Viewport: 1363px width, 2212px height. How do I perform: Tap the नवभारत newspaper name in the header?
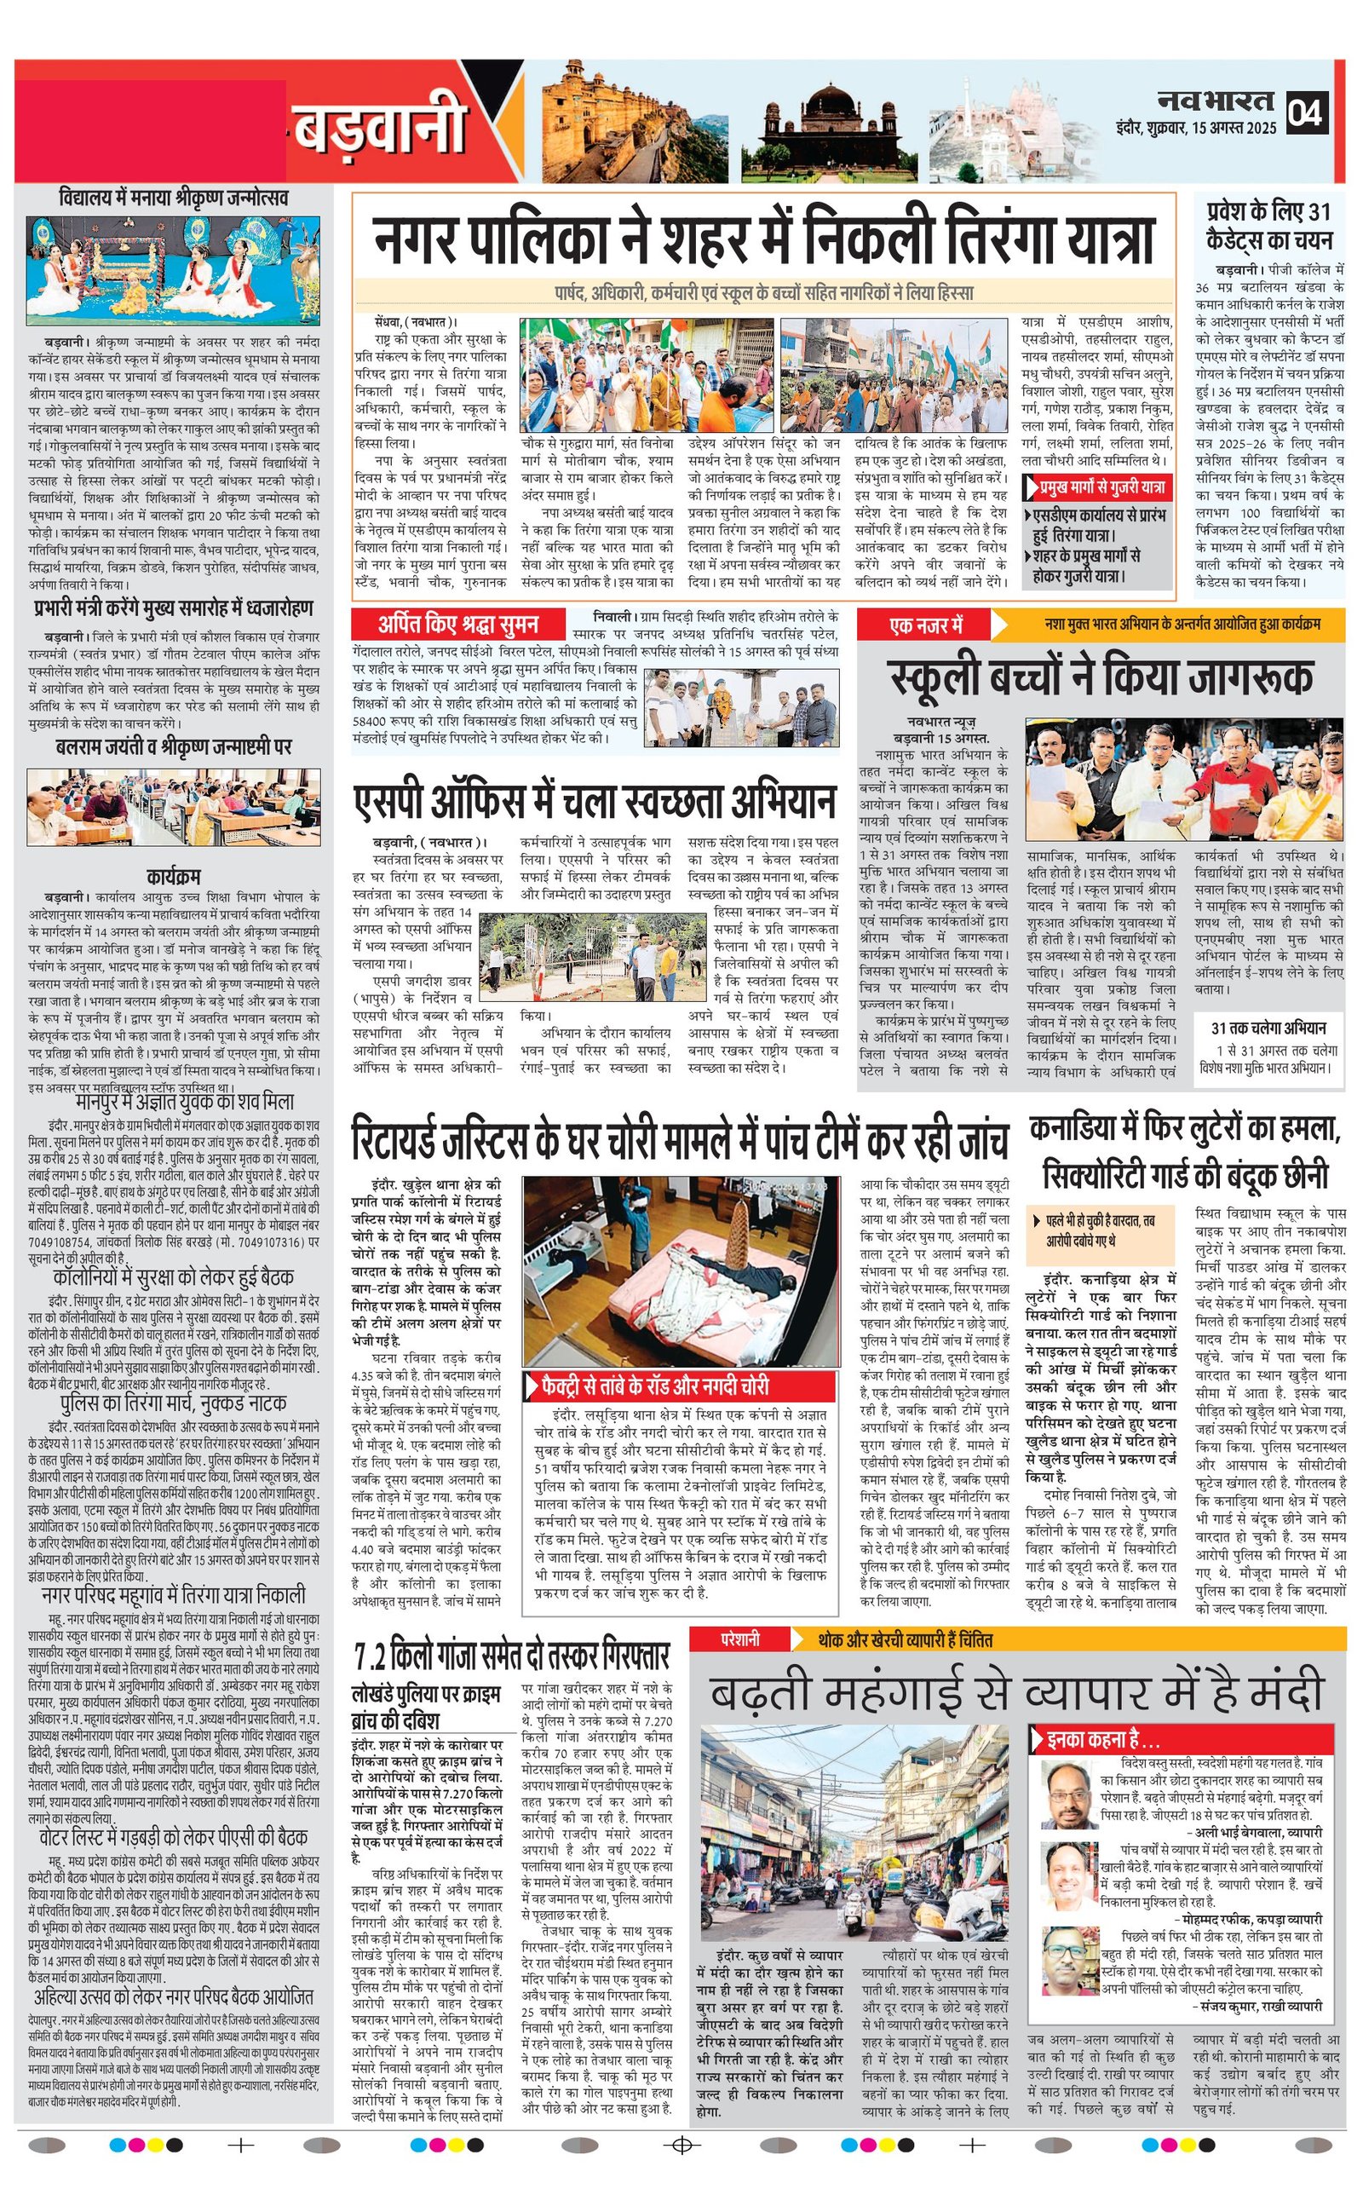point(1216,101)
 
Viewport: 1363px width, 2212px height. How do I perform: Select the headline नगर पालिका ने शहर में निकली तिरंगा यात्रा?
point(763,235)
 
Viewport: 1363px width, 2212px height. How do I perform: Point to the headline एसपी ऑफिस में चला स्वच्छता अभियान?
point(595,801)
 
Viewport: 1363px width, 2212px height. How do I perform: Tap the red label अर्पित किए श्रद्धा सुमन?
point(459,624)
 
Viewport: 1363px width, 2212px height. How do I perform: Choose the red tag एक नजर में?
point(926,625)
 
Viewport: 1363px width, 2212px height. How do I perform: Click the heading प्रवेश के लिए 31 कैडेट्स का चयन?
point(1268,225)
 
